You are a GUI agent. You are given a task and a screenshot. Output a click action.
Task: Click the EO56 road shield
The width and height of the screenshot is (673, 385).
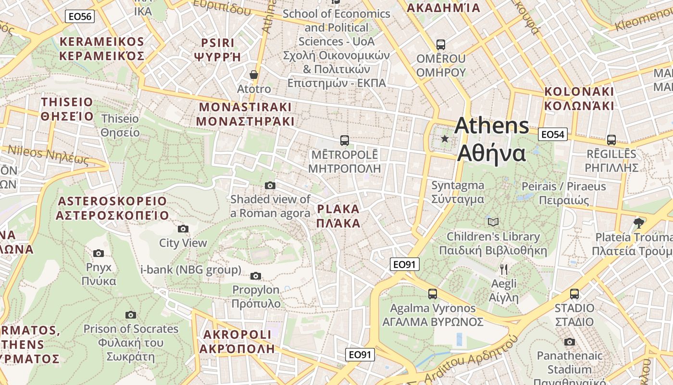(x=80, y=16)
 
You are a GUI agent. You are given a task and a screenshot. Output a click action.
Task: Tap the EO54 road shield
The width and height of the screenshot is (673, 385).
(x=552, y=134)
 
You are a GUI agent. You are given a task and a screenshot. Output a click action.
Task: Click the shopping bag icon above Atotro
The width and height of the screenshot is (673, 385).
(x=253, y=75)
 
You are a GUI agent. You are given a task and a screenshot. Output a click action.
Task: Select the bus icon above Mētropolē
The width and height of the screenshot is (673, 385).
(x=344, y=141)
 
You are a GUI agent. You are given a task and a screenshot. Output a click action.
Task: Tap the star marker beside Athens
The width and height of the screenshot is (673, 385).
(x=445, y=139)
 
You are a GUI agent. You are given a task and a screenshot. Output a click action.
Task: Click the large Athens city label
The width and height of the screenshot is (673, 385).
(x=491, y=140)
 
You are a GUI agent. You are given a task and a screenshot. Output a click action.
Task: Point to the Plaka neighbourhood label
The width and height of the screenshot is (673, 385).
(x=338, y=216)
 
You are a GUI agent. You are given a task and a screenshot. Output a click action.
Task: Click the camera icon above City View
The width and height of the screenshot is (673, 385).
(x=183, y=229)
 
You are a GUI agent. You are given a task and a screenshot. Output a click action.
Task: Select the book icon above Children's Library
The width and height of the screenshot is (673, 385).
(x=493, y=222)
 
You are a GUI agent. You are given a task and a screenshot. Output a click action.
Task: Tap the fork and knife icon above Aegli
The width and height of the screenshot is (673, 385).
(x=503, y=269)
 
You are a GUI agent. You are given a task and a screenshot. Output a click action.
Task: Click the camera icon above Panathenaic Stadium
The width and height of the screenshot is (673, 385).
(x=569, y=342)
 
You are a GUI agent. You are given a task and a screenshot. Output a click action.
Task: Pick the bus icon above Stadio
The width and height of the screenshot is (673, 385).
(x=574, y=294)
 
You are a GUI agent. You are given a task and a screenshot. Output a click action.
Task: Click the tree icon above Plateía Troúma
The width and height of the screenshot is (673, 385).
(x=638, y=223)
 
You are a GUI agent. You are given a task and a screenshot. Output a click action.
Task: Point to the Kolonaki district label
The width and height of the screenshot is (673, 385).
(x=579, y=99)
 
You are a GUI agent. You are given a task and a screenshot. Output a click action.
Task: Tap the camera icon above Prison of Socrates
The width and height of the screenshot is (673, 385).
(x=130, y=315)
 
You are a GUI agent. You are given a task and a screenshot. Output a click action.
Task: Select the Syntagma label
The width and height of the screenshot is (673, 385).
(x=458, y=192)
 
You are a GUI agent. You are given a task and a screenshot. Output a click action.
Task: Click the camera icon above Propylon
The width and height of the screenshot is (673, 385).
(x=256, y=276)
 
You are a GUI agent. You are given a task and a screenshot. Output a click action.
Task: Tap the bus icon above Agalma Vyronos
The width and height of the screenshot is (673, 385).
(x=432, y=294)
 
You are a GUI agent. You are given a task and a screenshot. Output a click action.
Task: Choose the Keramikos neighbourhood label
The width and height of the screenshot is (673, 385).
(x=101, y=49)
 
